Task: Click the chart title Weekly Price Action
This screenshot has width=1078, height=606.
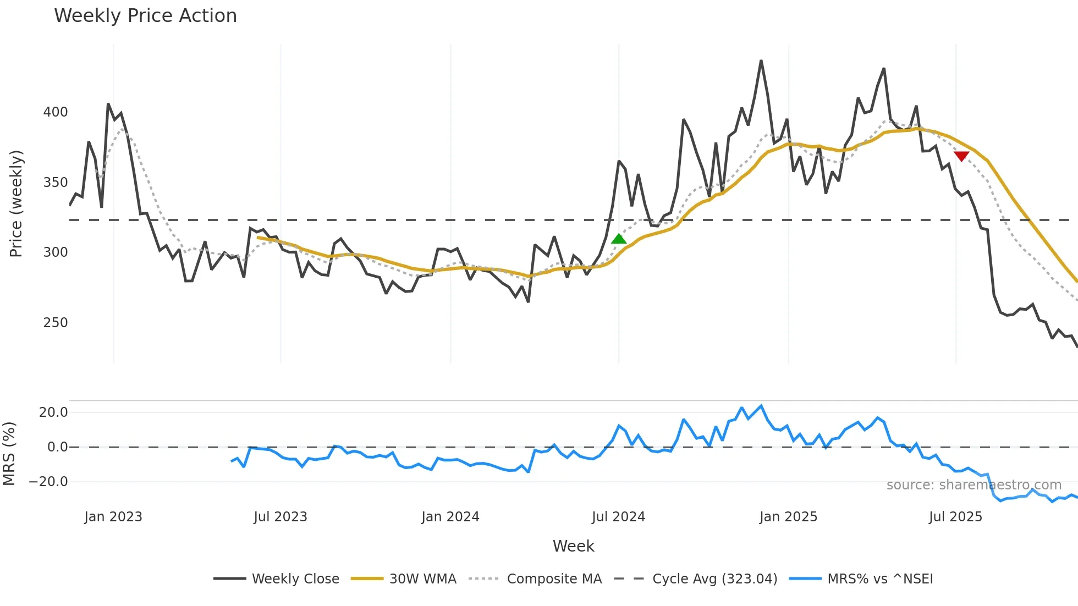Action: (x=145, y=16)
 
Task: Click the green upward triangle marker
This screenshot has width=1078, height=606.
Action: (x=619, y=239)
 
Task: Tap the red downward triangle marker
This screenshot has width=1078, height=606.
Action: (x=961, y=156)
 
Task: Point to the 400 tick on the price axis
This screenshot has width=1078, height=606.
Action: (x=56, y=112)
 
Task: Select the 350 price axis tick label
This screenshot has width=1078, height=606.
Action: (x=56, y=183)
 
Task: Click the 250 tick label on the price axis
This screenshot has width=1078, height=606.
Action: (x=56, y=323)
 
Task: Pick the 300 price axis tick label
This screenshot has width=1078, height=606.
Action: (x=56, y=252)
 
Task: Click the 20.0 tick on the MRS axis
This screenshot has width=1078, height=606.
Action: (x=53, y=412)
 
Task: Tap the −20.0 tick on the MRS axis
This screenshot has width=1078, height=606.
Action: (x=48, y=482)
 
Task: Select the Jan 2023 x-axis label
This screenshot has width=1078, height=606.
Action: (x=113, y=517)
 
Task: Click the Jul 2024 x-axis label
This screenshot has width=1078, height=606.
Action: (x=618, y=517)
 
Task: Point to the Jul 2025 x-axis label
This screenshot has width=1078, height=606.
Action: (x=955, y=517)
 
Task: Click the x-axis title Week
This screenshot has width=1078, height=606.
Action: (x=573, y=546)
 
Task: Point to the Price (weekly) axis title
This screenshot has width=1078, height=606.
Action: (x=16, y=203)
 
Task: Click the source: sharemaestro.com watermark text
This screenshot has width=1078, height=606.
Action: (x=974, y=485)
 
